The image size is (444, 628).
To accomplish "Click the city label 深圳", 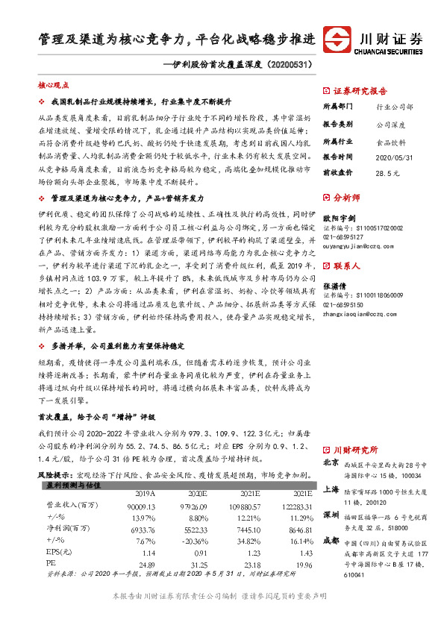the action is click(x=331, y=515).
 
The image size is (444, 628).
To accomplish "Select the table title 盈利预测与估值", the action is click(x=69, y=484).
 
